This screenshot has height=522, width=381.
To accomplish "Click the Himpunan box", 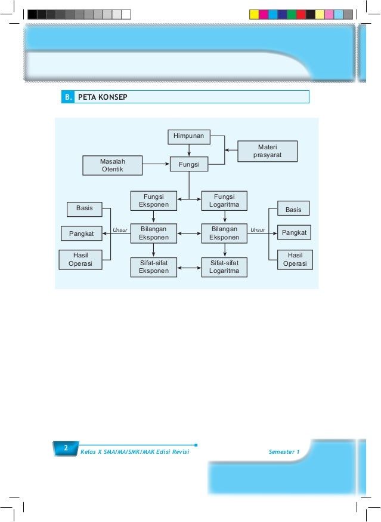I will tap(188, 137).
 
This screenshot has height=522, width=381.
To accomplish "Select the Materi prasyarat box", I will tap(267, 151).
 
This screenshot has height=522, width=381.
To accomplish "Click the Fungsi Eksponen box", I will tap(153, 201).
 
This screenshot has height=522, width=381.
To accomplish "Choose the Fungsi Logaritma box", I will tap(224, 201).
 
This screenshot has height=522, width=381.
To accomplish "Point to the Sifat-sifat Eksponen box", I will tap(153, 268).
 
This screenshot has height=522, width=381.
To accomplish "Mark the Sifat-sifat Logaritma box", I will tap(224, 268).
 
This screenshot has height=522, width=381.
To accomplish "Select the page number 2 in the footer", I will tap(66, 447).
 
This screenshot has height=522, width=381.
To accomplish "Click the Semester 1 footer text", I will tap(284, 452).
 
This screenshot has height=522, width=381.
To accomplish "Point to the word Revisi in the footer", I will tap(178, 452).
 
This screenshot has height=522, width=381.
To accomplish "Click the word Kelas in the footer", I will tap(88, 452).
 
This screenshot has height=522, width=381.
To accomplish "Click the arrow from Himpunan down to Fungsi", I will tap(188, 150).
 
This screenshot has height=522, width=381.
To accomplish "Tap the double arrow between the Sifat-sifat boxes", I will tap(189, 268).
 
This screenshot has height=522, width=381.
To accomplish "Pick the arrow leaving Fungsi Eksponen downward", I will tap(153, 217).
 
